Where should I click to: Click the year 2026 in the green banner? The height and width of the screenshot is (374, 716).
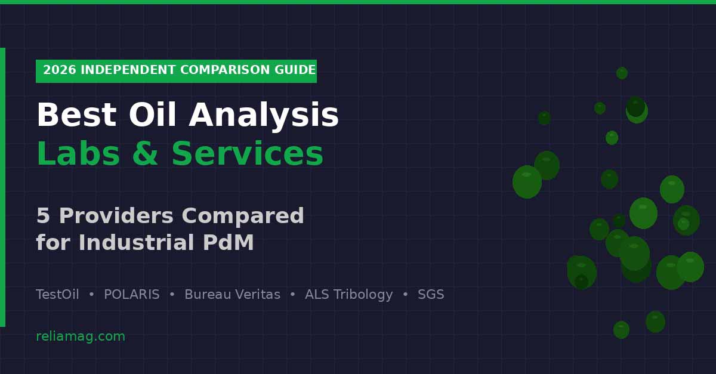(x=59, y=70)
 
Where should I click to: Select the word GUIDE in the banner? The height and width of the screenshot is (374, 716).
(x=295, y=70)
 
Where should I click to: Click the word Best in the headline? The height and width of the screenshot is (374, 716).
(x=76, y=116)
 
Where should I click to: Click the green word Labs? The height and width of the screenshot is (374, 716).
(x=78, y=154)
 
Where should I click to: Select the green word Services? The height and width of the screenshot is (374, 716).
(x=247, y=154)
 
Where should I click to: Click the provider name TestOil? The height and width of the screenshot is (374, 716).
(x=57, y=295)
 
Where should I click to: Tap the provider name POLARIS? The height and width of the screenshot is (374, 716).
(x=131, y=295)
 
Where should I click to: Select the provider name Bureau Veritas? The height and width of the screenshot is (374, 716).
(x=232, y=295)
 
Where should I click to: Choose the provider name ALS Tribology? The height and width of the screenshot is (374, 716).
(x=348, y=295)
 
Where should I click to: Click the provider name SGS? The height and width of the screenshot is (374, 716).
(x=431, y=295)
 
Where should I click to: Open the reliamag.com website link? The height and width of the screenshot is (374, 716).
(x=81, y=336)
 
